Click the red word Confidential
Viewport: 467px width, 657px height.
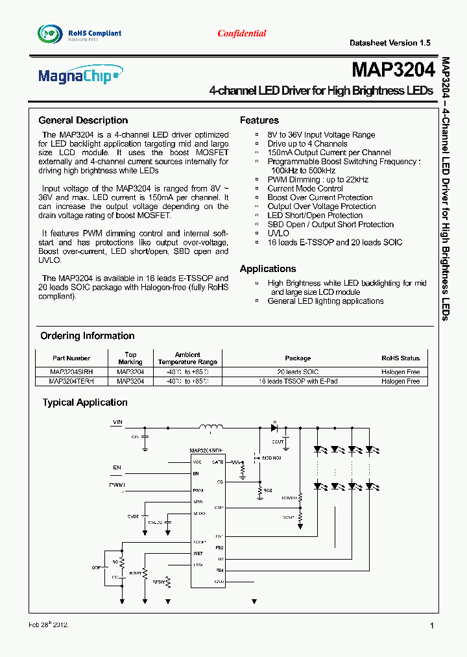pyautogui.click(x=242, y=34)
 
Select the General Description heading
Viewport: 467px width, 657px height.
pyautogui.click(x=83, y=120)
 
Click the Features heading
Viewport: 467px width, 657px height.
pyautogui.click(x=259, y=120)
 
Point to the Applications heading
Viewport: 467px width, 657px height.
pyautogui.click(x=268, y=269)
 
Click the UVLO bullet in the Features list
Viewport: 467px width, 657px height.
pyautogui.click(x=278, y=233)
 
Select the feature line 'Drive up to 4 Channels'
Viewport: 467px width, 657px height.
pyautogui.click(x=307, y=143)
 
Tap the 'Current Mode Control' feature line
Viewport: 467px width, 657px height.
pyautogui.click(x=305, y=188)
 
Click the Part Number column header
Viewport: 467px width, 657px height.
pyautogui.click(x=71, y=358)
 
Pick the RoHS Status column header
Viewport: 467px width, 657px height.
pyautogui.click(x=400, y=358)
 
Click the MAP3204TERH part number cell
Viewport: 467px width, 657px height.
pyautogui.click(x=71, y=382)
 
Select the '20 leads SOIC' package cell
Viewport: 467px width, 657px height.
pyautogui.click(x=298, y=373)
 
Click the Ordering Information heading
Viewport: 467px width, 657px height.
pyautogui.click(x=88, y=336)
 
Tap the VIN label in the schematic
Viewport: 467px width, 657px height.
pyautogui.click(x=117, y=422)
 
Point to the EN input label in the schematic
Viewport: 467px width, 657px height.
pyautogui.click(x=117, y=467)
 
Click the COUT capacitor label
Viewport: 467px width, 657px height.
pyautogui.click(x=278, y=441)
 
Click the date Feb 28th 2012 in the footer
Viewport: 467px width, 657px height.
pyautogui.click(x=49, y=625)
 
